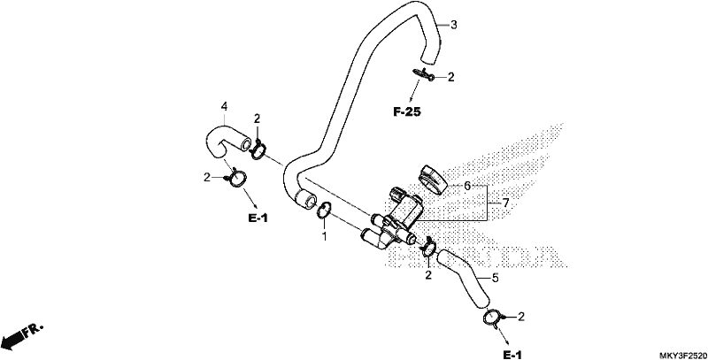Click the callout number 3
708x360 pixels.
(x=454, y=25)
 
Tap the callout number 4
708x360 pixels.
(x=224, y=106)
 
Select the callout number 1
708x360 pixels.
(x=324, y=236)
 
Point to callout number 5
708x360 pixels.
(x=496, y=278)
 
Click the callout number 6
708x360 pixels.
(x=467, y=186)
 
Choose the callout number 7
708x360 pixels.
(x=505, y=203)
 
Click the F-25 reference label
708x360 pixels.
(x=407, y=111)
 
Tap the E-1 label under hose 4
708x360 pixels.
(x=258, y=218)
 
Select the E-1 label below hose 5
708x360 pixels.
(x=512, y=356)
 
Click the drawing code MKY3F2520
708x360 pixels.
(x=681, y=355)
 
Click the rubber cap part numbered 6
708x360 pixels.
(x=432, y=179)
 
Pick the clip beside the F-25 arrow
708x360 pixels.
(x=424, y=74)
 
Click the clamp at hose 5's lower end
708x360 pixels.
(x=493, y=319)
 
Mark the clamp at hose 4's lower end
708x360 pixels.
(x=235, y=177)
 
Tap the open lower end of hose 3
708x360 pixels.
(x=304, y=199)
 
